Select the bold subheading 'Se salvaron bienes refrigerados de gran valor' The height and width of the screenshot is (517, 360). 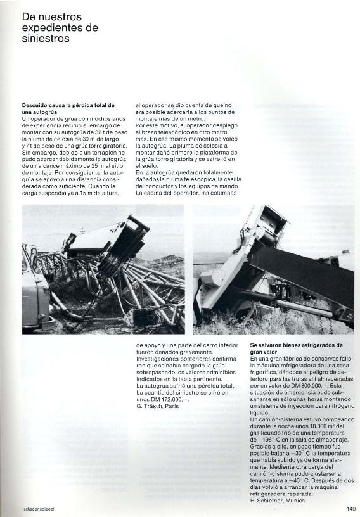296,348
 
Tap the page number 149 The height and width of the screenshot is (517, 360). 351,508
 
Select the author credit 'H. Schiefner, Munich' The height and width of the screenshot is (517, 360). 277,501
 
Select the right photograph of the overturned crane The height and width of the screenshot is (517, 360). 273,269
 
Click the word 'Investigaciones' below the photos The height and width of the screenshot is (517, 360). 157,358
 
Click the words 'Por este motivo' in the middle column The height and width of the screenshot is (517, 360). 155,125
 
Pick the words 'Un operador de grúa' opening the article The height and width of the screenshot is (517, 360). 48,118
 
